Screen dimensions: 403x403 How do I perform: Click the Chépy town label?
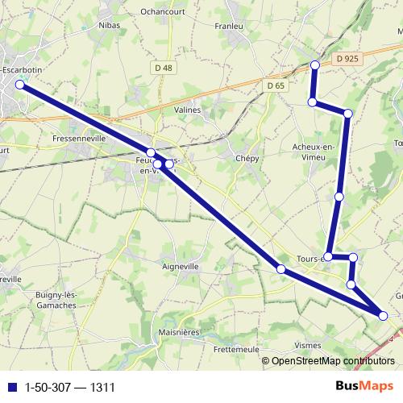(247, 159)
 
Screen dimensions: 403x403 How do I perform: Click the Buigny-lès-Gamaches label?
(56, 300)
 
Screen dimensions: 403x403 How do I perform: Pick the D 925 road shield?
(348, 59)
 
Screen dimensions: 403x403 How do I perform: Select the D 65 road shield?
(276, 85)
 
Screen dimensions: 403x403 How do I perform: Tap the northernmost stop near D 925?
(315, 64)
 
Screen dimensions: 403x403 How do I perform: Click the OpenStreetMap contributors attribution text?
(331, 361)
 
